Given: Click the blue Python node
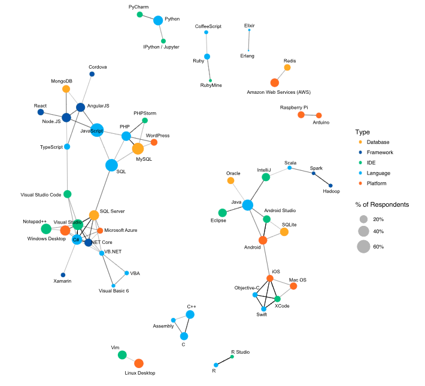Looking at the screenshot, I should [158, 20].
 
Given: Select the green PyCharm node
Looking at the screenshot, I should [139, 14].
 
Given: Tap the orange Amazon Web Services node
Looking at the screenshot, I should [274, 82].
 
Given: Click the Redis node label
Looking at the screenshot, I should [290, 61].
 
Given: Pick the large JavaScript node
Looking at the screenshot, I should [97, 130].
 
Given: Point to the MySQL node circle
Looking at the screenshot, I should [138, 149].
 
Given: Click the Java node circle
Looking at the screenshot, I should [247, 206].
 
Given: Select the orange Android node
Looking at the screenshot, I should [263, 240].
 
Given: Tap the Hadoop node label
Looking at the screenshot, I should [331, 191].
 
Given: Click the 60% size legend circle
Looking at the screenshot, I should [363, 246].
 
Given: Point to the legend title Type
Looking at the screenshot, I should [362, 132].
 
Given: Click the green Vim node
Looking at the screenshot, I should [122, 355].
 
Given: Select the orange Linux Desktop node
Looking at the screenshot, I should [139, 363].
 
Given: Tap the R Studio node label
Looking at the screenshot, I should [240, 352].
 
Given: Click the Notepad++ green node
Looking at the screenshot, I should [46, 229].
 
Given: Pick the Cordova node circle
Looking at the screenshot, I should [92, 74].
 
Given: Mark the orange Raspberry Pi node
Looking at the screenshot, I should [300, 115].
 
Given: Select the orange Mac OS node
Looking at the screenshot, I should [293, 286].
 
